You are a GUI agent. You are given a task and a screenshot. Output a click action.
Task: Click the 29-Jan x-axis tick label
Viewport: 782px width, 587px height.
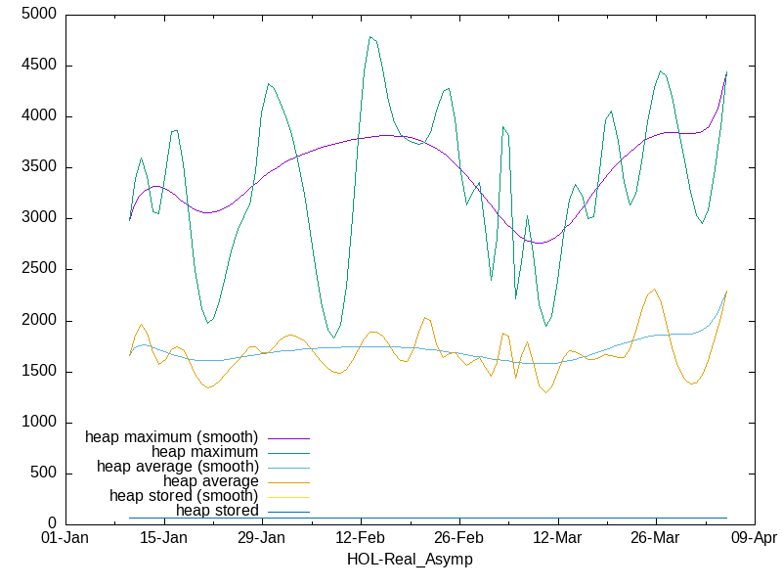pos(261,538)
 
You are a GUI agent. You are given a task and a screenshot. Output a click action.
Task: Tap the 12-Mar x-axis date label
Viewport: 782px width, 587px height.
pos(556,538)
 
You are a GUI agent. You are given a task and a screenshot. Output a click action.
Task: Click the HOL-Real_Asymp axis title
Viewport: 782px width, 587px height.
pos(410,560)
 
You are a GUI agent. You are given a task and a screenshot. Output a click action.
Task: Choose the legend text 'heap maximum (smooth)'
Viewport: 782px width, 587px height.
pos(172,436)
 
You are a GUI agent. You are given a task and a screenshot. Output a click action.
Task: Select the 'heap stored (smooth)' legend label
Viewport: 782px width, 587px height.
pos(184,496)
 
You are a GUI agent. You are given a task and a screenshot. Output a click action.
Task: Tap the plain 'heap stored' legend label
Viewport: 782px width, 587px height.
pos(217,511)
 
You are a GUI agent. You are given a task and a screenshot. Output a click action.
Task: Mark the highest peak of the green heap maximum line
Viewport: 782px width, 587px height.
pos(370,37)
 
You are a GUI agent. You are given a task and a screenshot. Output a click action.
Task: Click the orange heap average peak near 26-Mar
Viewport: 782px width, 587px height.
pos(655,290)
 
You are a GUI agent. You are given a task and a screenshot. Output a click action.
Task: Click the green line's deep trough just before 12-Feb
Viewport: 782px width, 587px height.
pos(334,338)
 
